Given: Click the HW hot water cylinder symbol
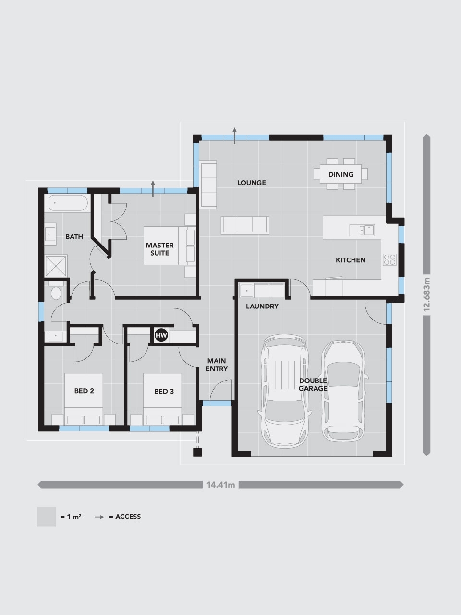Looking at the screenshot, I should pyautogui.click(x=160, y=335).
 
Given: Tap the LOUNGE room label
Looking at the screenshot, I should pyautogui.click(x=251, y=183).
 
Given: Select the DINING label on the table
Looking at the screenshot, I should pyautogui.click(x=341, y=174).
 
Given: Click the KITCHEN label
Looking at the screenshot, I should pyautogui.click(x=350, y=260).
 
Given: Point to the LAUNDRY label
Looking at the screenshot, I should pyautogui.click(x=262, y=306).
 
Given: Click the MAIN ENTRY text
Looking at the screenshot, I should pyautogui.click(x=217, y=365).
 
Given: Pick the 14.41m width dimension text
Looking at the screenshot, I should pyautogui.click(x=220, y=485).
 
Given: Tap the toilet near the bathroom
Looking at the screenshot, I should pyautogui.click(x=56, y=292).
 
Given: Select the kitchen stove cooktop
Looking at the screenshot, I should pyautogui.click(x=389, y=259).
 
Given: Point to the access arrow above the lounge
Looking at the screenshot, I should pyautogui.click(x=235, y=135).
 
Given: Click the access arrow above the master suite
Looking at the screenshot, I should pyautogui.click(x=153, y=188).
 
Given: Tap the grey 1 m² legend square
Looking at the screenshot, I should pyautogui.click(x=47, y=517).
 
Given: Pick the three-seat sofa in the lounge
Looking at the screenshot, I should pyautogui.click(x=245, y=224).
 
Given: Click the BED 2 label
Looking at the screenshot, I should pyautogui.click(x=84, y=391).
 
